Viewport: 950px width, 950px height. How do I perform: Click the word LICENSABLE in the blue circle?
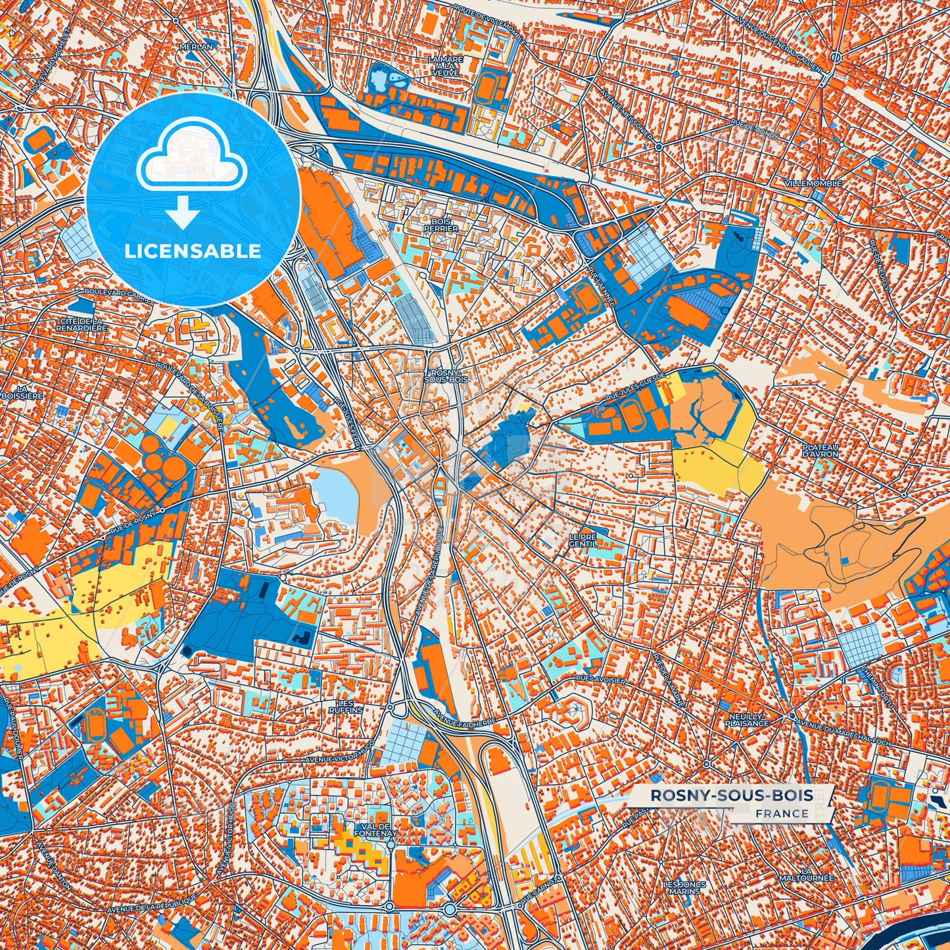coord(193,251)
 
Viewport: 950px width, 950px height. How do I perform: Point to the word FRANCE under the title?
coord(782,813)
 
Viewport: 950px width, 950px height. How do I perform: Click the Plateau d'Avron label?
coord(820,450)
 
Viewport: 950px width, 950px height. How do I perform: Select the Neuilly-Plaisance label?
coord(747,719)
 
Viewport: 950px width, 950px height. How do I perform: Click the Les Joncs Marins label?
coord(684,888)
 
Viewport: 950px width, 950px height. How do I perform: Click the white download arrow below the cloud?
coord(183,214)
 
